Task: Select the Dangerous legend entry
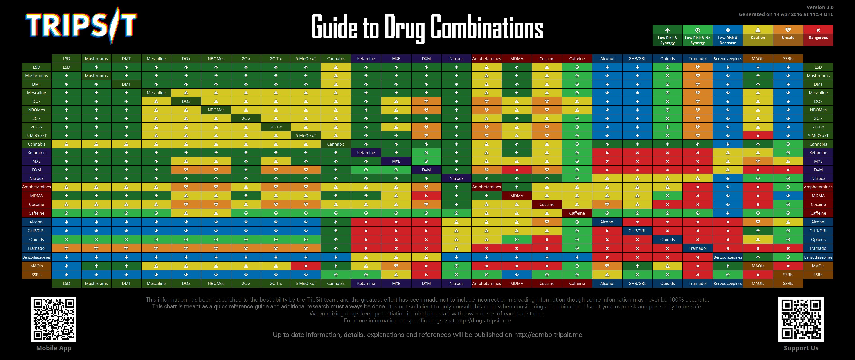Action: (818, 35)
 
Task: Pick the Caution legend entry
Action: (758, 35)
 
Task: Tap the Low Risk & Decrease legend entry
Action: (728, 35)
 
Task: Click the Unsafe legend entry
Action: (788, 35)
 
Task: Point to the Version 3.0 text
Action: (820, 7)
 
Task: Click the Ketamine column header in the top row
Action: (366, 59)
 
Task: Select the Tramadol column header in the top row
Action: (697, 59)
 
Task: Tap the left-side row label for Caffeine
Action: (36, 213)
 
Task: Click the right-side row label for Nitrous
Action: (818, 178)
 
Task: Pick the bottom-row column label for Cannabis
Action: (335, 283)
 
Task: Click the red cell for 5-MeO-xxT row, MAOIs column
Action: (758, 136)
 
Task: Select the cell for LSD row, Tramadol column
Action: (697, 67)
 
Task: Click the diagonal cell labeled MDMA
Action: (516, 196)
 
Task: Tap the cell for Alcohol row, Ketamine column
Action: (366, 222)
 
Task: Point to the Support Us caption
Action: (801, 348)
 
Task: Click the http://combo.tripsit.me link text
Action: (548, 335)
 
